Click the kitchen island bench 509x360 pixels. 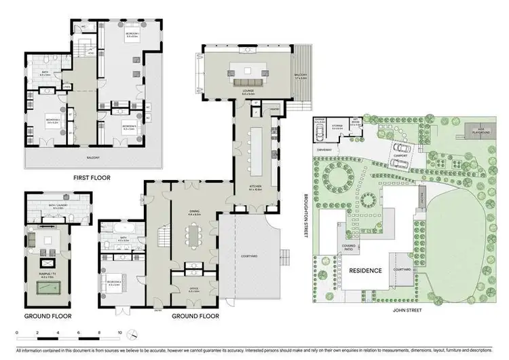(257, 151)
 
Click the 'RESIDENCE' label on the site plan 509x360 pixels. (365, 270)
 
